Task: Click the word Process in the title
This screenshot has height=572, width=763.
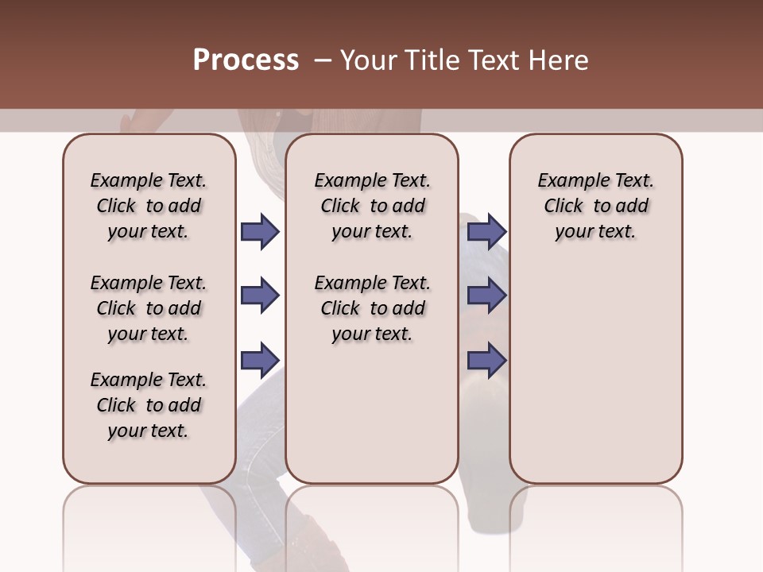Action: click(x=246, y=60)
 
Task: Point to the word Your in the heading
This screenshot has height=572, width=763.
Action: click(x=368, y=60)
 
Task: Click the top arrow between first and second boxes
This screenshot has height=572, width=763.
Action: click(x=260, y=232)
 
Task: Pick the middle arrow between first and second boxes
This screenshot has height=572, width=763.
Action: click(x=260, y=296)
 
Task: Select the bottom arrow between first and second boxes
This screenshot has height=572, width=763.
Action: click(x=260, y=360)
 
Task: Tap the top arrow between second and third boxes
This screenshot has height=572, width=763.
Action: click(x=487, y=232)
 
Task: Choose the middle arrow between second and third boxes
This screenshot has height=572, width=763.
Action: click(x=487, y=296)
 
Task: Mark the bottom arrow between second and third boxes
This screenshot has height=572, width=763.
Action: click(x=487, y=360)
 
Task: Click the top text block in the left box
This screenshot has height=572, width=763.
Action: click(x=149, y=206)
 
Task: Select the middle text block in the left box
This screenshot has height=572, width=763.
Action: click(x=149, y=308)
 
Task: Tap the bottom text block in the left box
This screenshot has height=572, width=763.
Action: click(x=149, y=405)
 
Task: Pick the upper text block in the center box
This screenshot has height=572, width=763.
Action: click(x=372, y=206)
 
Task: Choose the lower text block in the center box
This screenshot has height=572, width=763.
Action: click(x=372, y=308)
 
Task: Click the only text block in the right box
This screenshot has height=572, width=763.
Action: click(x=595, y=206)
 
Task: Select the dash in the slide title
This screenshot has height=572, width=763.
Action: click(x=323, y=60)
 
